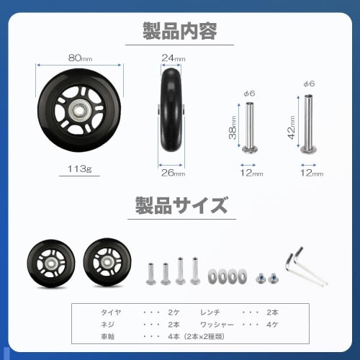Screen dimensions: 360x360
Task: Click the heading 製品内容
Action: coord(180,31)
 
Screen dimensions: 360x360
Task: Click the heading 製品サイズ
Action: coord(180,207)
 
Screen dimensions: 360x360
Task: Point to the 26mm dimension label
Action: coord(174,172)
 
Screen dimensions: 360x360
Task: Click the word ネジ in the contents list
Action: coord(108,324)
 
